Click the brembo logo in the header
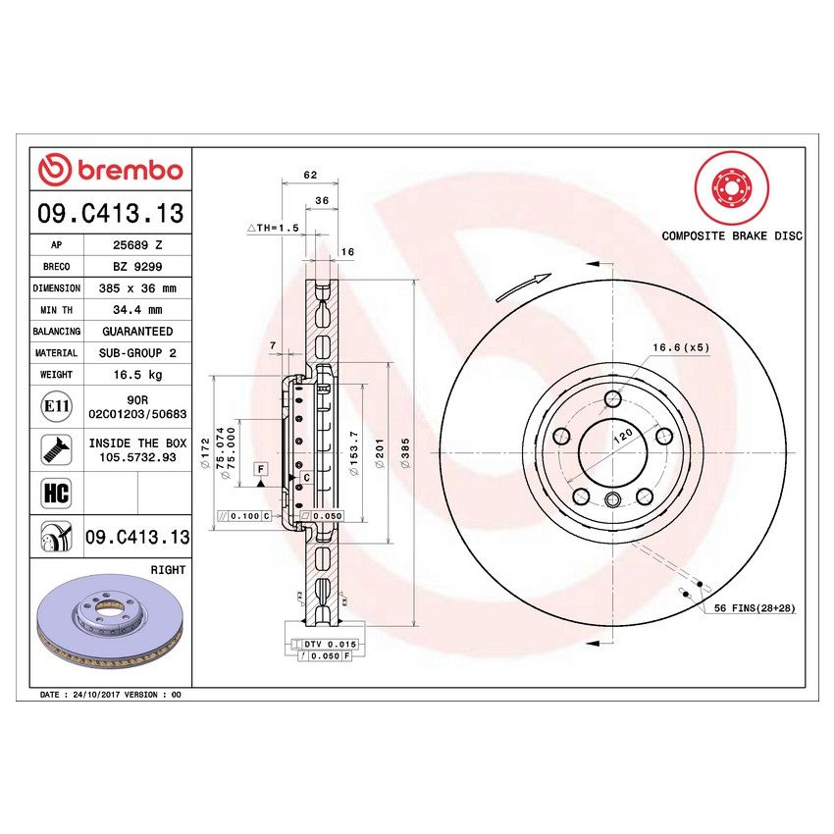[110, 170]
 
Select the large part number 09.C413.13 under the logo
[110, 213]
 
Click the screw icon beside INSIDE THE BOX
[55, 449]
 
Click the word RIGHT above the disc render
[168, 570]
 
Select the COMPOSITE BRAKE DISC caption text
[731, 236]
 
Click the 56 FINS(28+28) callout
[755, 609]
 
